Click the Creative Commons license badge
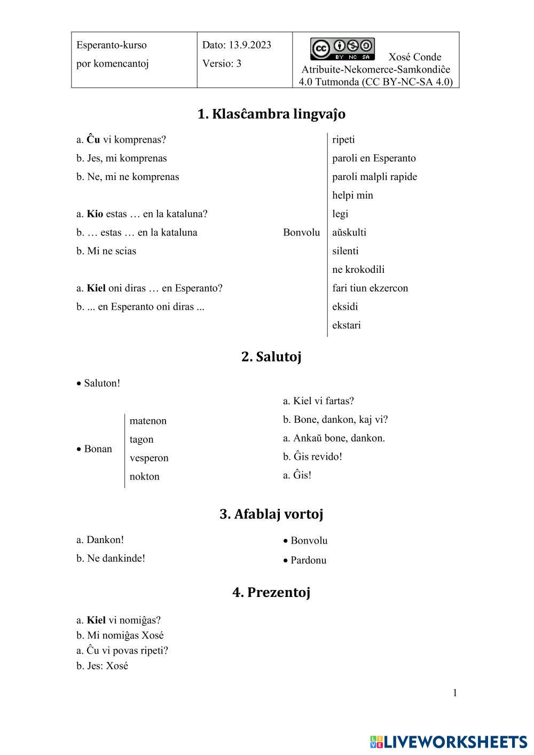click(342, 49)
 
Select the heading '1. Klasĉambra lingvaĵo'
click(271, 114)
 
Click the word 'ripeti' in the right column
click(343, 140)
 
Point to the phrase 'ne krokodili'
click(358, 270)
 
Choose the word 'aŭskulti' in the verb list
click(349, 232)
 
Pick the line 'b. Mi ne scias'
click(106, 251)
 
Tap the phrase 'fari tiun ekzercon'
click(370, 288)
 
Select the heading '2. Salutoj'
click(271, 357)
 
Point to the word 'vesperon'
click(149, 458)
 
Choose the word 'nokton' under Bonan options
click(145, 477)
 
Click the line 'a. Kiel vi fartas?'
click(318, 401)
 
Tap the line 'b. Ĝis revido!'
click(312, 457)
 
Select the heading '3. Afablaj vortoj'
click(271, 514)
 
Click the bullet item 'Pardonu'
click(308, 560)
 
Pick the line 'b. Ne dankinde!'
click(111, 559)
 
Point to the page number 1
click(455, 693)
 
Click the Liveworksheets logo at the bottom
click(449, 742)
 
